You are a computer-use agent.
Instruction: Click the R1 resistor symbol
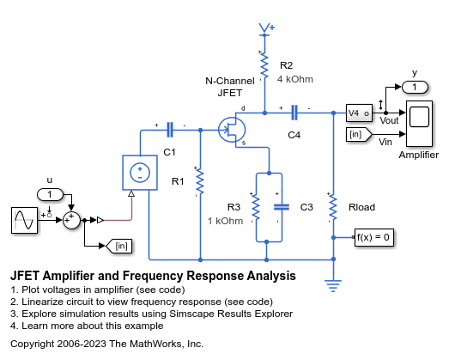199,181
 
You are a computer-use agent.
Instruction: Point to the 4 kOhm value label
294,79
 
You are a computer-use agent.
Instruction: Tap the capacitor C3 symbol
280,207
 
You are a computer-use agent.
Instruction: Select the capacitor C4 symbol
295,112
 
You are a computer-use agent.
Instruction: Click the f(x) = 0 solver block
373,236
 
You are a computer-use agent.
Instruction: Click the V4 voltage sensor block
358,113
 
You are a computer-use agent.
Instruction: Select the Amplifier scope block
418,124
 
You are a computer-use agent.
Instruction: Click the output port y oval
415,87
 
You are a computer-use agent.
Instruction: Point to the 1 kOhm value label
224,221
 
